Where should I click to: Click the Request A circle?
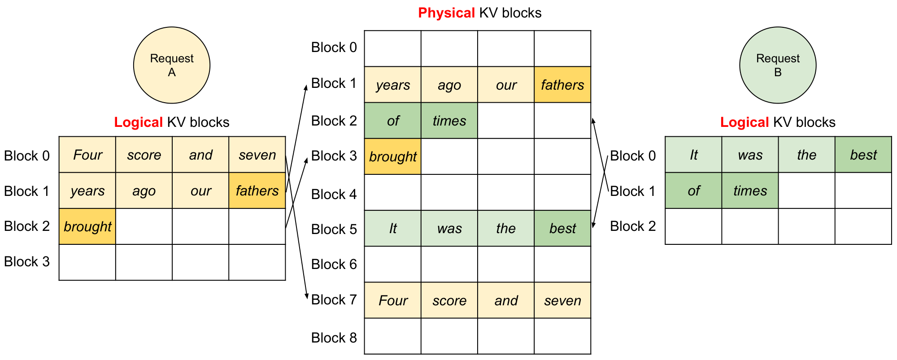[x=172, y=65]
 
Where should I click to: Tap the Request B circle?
[x=778, y=65]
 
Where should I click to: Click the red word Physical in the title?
[x=446, y=13]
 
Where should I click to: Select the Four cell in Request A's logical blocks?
[x=87, y=155]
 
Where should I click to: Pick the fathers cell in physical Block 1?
[x=562, y=85]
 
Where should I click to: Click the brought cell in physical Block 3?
[x=393, y=156]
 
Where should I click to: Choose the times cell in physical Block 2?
[x=449, y=121]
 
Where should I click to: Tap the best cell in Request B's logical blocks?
[x=863, y=155]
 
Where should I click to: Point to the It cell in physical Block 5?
[x=393, y=228]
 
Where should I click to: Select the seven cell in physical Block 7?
[x=562, y=300]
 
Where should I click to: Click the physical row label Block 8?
[x=334, y=338]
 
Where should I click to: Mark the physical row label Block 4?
[x=334, y=194]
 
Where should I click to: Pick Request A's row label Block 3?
[x=27, y=261]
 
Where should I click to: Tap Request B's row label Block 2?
[x=633, y=226]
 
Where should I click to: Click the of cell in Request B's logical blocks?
[x=693, y=191]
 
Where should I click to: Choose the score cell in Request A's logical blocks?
[x=144, y=155]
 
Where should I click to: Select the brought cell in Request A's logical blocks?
[x=87, y=226]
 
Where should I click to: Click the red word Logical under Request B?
[x=745, y=122]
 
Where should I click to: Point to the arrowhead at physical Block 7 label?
[x=307, y=296]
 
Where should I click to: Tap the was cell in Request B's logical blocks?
[x=750, y=155]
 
